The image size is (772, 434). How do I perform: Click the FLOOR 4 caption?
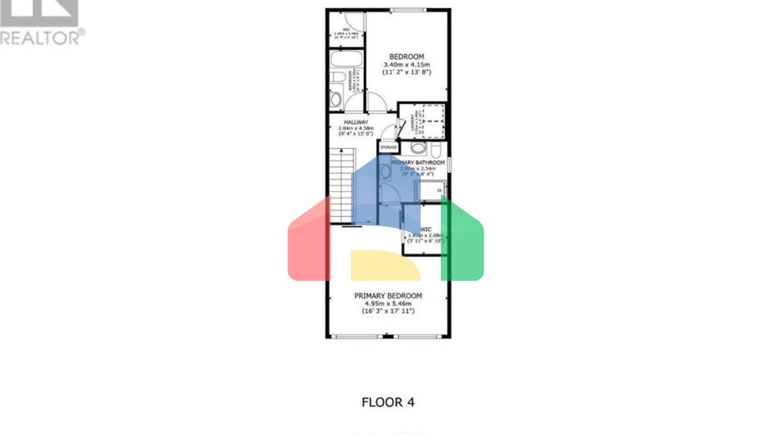click(388, 402)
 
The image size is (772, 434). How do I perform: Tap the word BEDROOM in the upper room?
click(407, 57)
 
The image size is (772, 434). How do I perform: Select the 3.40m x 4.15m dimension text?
click(407, 65)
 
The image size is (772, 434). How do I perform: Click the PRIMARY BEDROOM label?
click(388, 296)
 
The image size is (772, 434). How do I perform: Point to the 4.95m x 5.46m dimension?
click(388, 303)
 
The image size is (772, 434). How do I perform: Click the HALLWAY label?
click(356, 122)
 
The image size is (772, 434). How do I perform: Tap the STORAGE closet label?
click(389, 147)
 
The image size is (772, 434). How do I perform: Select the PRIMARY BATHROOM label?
click(418, 162)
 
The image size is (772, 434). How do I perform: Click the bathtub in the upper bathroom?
click(346, 59)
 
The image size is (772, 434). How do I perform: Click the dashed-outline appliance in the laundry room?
click(433, 121)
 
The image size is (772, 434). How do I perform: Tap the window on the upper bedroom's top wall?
click(408, 10)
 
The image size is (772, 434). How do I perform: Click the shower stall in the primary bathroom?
click(430, 191)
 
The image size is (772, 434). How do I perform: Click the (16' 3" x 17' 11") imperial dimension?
click(388, 311)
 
